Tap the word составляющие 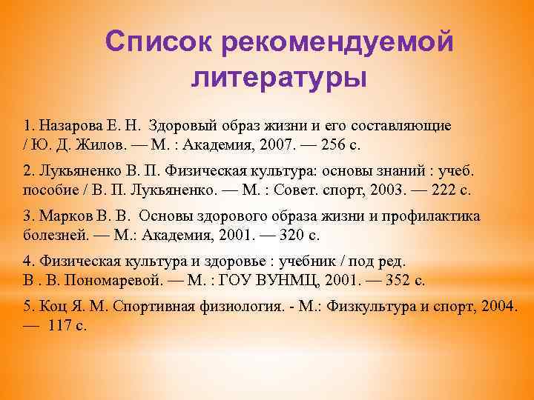403,122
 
